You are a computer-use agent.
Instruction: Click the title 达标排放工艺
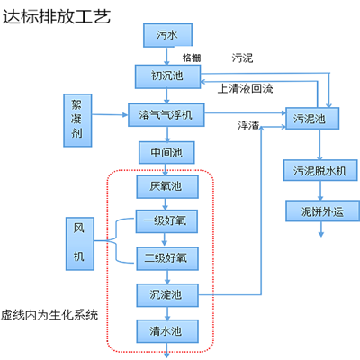coord(56,15)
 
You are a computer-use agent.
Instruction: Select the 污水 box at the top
coord(166,35)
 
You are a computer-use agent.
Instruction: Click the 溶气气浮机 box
coord(166,114)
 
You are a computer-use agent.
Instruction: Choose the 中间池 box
coord(161,150)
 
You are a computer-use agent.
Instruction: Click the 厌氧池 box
coord(161,187)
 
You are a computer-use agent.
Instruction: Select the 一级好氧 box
coord(161,221)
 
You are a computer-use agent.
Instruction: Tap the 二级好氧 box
coord(161,257)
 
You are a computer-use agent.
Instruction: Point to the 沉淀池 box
coord(161,294)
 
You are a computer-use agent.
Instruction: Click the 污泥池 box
coord(310,117)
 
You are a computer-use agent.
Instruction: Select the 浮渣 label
coord(248,125)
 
